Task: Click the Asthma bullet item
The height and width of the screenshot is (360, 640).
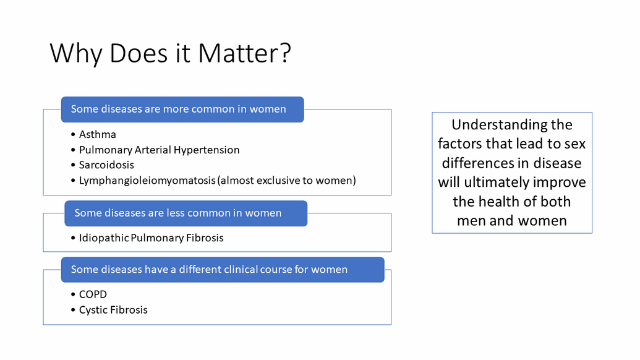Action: [98, 134]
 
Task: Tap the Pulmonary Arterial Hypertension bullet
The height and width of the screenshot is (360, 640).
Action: [159, 150]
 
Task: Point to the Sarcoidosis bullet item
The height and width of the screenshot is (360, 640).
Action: [106, 165]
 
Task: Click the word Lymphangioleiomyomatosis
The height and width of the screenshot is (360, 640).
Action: [147, 181]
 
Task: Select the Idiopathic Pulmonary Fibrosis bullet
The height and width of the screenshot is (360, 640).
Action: [151, 238]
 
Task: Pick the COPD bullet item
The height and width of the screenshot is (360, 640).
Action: [93, 294]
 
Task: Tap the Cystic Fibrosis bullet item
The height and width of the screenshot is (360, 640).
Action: [113, 310]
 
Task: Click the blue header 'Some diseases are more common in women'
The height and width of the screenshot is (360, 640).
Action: [182, 109]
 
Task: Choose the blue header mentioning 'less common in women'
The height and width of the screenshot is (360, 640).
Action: [186, 213]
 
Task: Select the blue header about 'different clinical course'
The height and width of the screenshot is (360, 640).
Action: [223, 270]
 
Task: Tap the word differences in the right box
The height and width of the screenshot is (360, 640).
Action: [476, 163]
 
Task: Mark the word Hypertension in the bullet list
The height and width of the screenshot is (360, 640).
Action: [207, 150]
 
